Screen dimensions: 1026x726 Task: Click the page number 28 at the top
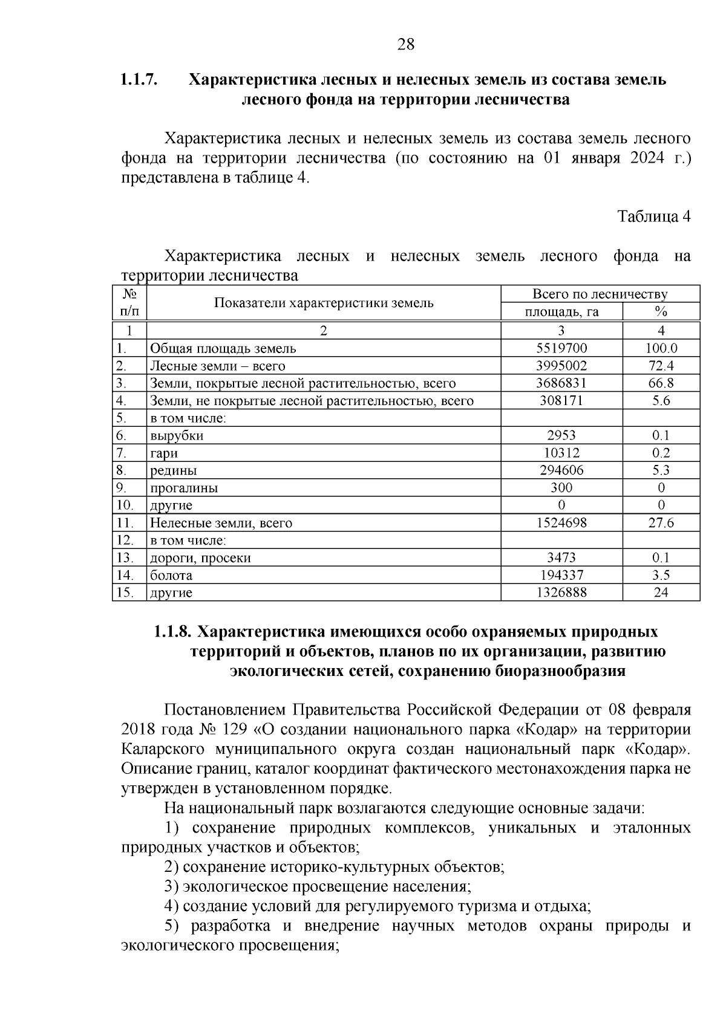405,44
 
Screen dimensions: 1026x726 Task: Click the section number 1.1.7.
139,79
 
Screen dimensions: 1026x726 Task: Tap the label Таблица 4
653,216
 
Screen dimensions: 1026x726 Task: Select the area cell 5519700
561,348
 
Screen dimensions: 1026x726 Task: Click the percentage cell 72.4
661,366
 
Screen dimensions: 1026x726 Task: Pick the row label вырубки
177,436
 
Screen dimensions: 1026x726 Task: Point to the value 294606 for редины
561,470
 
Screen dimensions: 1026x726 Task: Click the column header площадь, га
561,312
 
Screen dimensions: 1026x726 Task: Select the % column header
661,312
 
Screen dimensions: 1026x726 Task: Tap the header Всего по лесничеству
600,294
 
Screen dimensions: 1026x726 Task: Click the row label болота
171,576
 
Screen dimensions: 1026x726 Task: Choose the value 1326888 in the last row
561,593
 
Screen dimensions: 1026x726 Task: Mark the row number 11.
124,523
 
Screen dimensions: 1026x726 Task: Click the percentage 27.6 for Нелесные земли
661,523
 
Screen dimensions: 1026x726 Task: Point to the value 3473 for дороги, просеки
561,558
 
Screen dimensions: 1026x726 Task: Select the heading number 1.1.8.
173,632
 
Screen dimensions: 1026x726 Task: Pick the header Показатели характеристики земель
324,303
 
